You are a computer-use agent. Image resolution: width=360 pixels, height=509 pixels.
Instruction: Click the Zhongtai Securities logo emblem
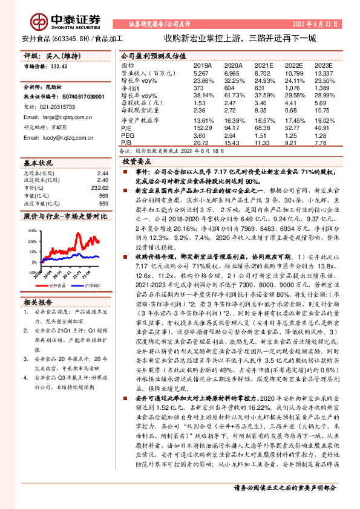(40, 22)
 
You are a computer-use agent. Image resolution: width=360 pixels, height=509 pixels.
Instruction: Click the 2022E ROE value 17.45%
(293, 118)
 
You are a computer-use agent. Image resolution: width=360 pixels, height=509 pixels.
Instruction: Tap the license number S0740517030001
(80, 96)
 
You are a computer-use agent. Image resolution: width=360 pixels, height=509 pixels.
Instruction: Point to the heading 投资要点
(137, 163)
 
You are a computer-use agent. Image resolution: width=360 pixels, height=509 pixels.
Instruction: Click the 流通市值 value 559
(102, 204)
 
